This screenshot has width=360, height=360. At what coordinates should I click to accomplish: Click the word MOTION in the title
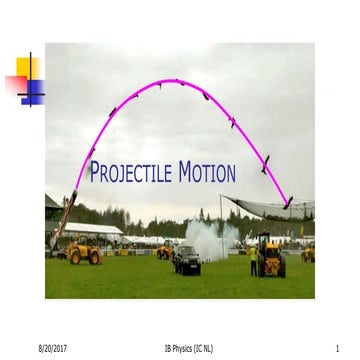(207, 173)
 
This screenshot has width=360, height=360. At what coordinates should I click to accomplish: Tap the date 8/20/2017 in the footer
(52, 348)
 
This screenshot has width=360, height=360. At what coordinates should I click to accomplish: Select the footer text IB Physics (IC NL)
(189, 348)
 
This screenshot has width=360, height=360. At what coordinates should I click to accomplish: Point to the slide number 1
(339, 348)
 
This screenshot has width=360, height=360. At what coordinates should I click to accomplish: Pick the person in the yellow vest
(254, 260)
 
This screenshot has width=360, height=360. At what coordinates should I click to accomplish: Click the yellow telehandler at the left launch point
(82, 252)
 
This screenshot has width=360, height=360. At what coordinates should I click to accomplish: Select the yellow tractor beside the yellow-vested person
(272, 257)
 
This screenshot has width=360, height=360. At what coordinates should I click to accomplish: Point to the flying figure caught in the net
(288, 203)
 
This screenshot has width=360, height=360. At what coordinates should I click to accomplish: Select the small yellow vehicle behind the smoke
(164, 251)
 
